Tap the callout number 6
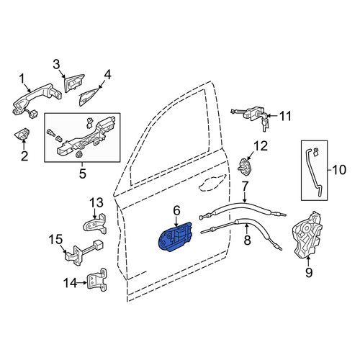tap(176, 211)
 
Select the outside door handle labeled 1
tap(36, 100)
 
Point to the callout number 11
tap(286, 116)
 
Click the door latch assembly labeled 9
tap(308, 235)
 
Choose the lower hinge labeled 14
tap(96, 279)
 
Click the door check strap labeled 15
tap(83, 253)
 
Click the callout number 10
tap(339, 170)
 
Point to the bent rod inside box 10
tap(314, 171)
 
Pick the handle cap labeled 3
tap(73, 84)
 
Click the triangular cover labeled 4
tap(89, 96)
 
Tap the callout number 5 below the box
tap(82, 174)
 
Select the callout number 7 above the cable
tap(245, 187)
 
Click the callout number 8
tap(247, 240)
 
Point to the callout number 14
tap(71, 282)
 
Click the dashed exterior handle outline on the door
tap(212, 182)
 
